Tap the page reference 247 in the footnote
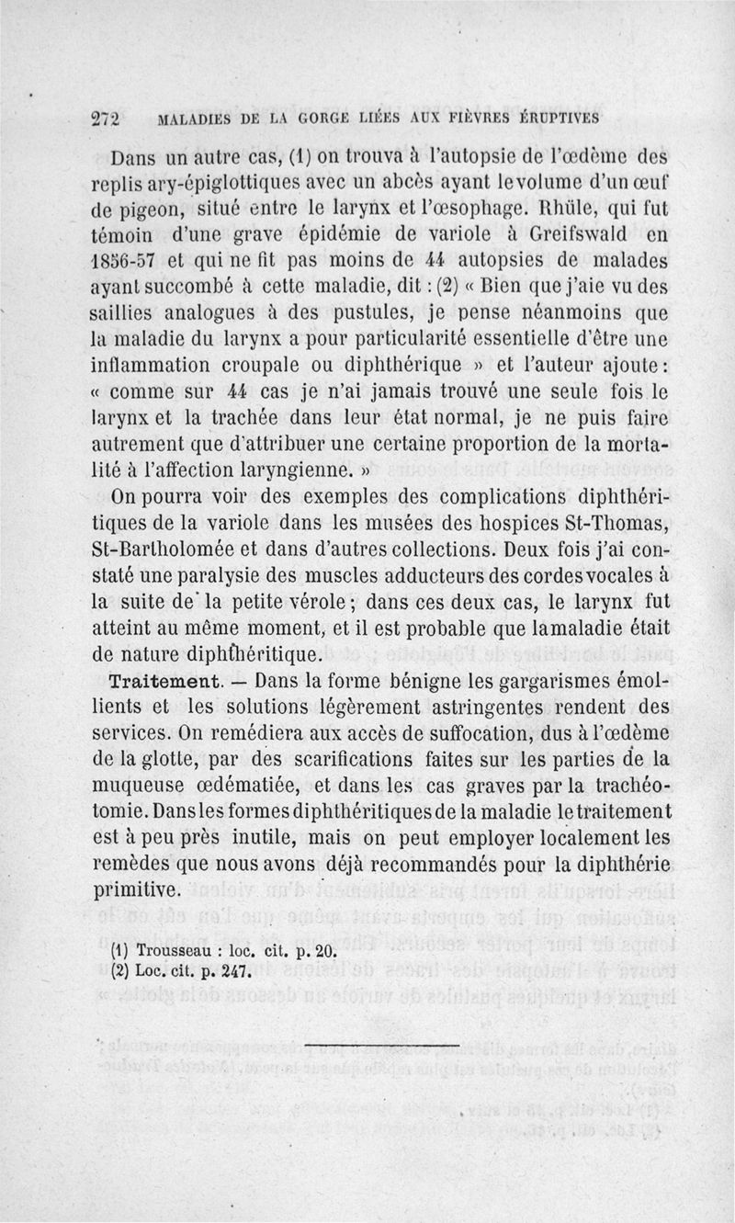pyautogui.click(x=232, y=971)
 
